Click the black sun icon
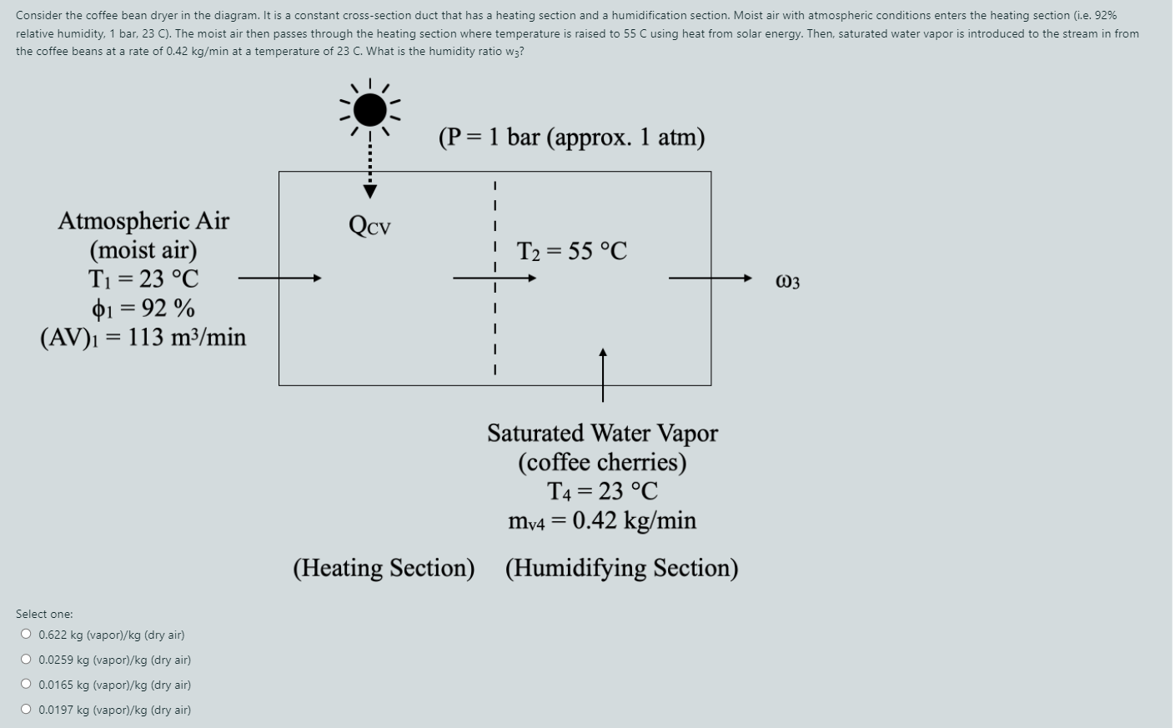tap(369, 109)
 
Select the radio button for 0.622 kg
tap(27, 635)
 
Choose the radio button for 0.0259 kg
tap(27, 660)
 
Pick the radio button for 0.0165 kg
tap(27, 685)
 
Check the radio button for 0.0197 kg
tap(27, 710)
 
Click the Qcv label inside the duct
tap(369, 225)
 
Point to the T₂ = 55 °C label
tap(572, 251)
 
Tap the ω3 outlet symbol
tap(787, 282)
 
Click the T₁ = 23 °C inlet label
tap(143, 279)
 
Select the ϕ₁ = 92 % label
tap(143, 309)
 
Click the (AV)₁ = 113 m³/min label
tap(143, 338)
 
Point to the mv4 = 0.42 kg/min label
tap(602, 521)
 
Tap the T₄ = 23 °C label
tap(602, 491)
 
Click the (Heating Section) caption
tap(384, 568)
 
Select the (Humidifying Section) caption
tap(621, 568)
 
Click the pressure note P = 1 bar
tap(571, 138)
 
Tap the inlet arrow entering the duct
tap(279, 279)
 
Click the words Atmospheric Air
tap(143, 221)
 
